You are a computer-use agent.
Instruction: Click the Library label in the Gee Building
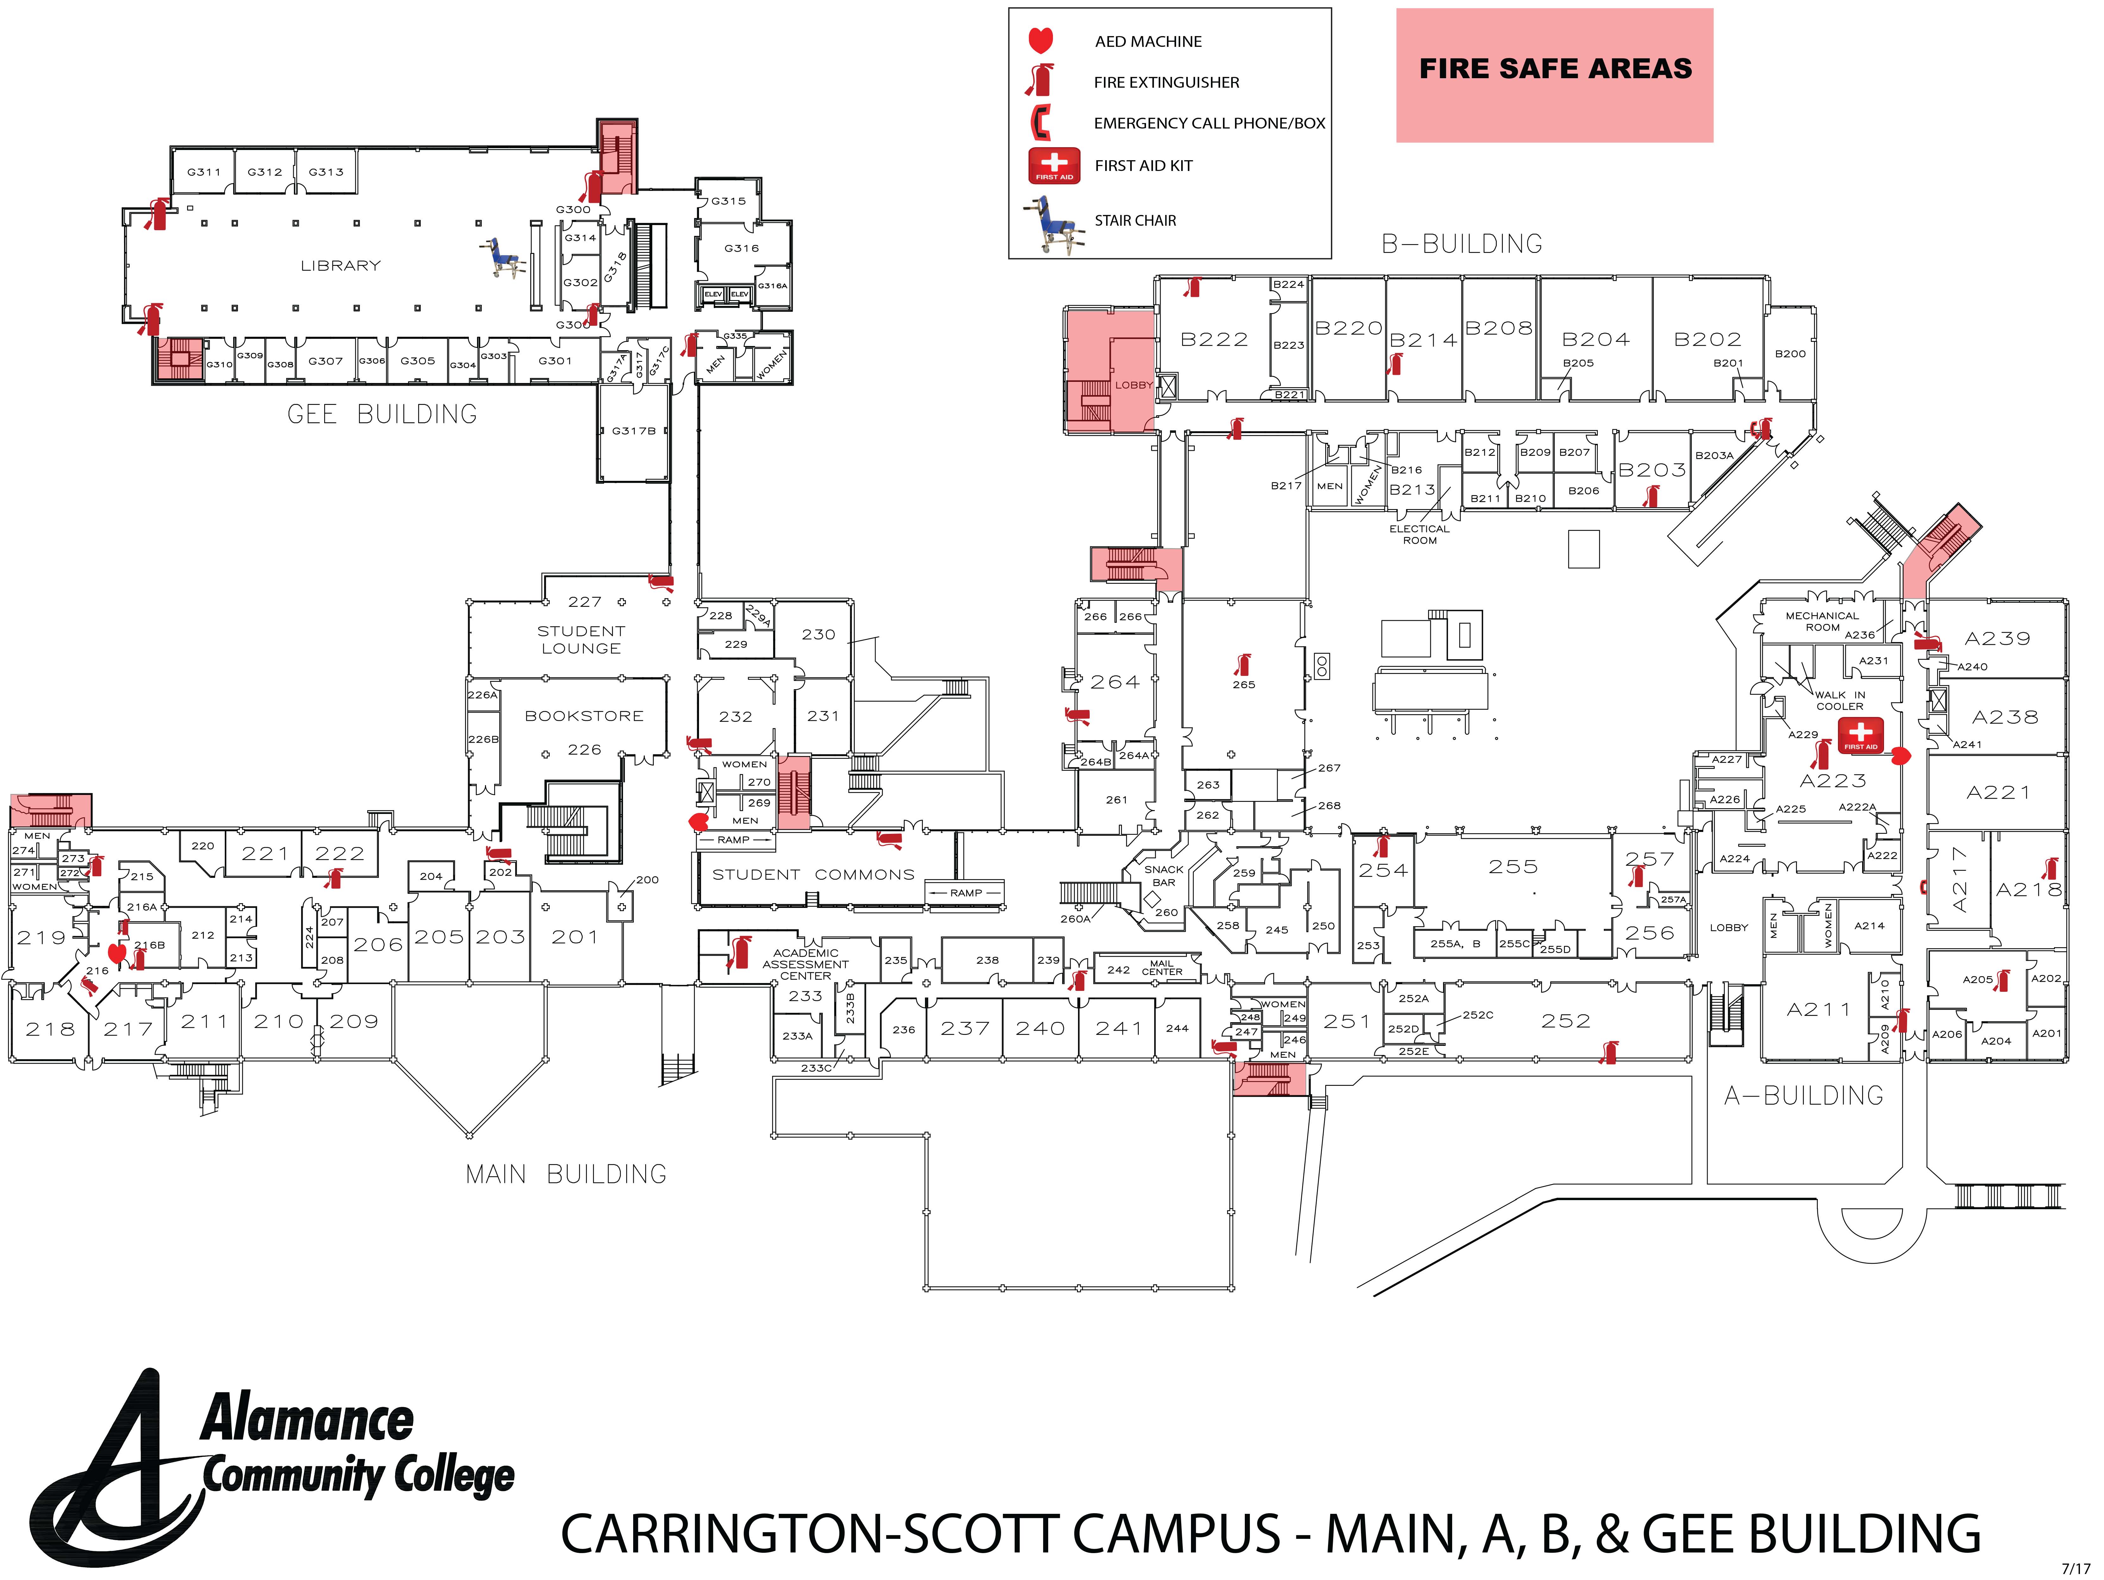[x=341, y=265]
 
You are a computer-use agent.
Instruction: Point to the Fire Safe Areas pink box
[x=1554, y=75]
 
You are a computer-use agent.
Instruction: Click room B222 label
[x=1214, y=340]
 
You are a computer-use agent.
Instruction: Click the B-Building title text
[x=1462, y=244]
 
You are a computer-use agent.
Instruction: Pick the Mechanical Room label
[x=1822, y=621]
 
